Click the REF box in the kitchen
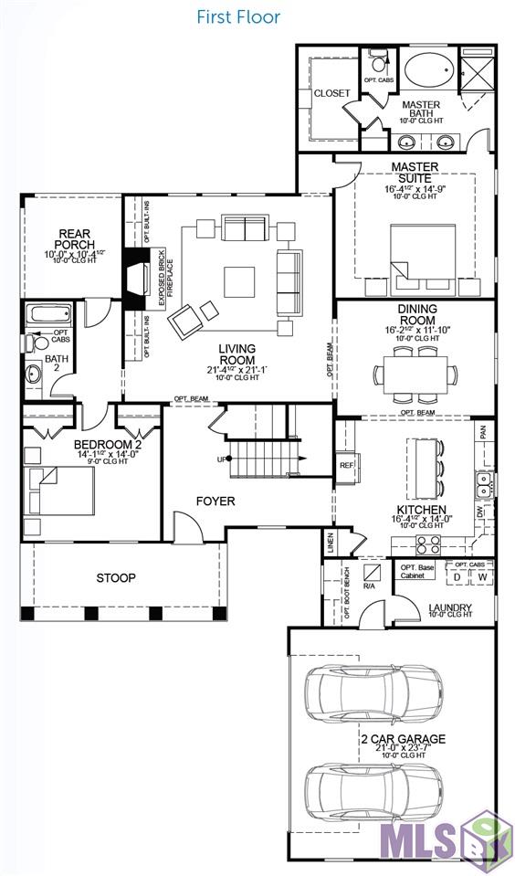(x=346, y=465)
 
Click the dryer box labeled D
(x=456, y=576)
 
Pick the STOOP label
(x=116, y=578)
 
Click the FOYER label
(x=215, y=501)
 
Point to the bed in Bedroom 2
(x=59, y=491)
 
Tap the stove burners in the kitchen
(x=428, y=544)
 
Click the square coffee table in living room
(x=241, y=280)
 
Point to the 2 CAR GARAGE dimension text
(x=402, y=746)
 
